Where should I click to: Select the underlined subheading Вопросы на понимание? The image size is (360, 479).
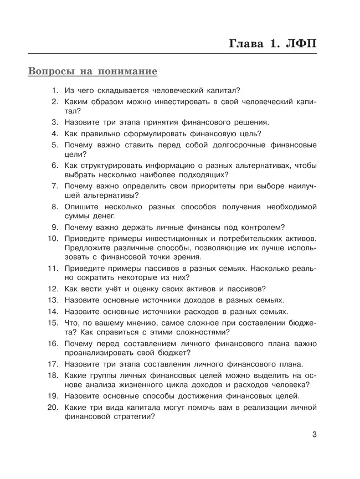coord(92,72)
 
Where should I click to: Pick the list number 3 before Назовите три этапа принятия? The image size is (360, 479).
coord(55,122)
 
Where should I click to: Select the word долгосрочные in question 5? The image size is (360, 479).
coord(240,145)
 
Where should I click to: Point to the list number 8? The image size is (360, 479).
coord(55,207)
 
